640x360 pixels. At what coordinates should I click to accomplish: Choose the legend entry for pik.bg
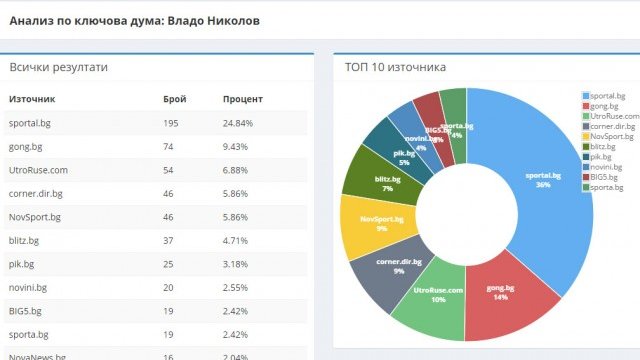coord(602,157)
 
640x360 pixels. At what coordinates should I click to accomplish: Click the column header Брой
coord(174,100)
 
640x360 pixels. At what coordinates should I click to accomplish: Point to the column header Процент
coord(243,100)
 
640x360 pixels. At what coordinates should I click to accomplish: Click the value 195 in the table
coord(172,123)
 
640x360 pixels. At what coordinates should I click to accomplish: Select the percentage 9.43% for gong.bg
coord(238,147)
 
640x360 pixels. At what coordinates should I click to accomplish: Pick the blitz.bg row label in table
coord(27,240)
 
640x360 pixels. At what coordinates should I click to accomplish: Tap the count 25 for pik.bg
coord(169,264)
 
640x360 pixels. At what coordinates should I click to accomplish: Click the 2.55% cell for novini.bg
coord(238,288)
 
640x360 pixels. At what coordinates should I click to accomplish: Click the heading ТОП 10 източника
coord(395,67)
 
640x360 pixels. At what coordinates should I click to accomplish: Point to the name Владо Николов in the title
coord(205,19)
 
